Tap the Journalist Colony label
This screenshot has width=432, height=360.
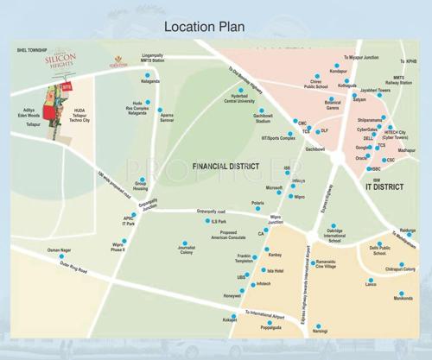pos(187,252)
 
